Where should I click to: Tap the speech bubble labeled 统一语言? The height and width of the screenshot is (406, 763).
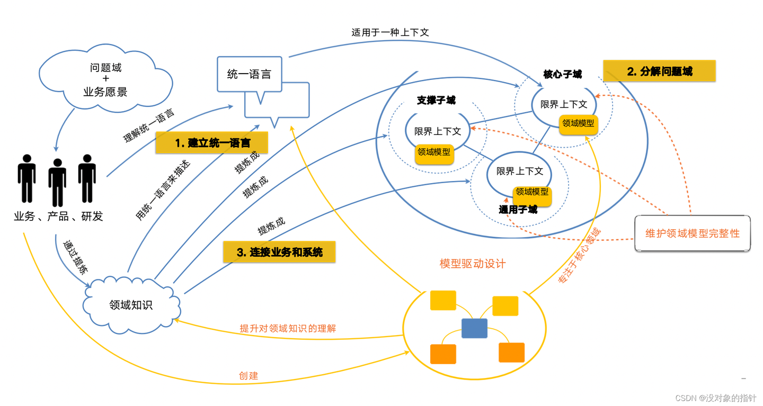(x=249, y=75)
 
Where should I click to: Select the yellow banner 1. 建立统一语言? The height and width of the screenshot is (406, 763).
(x=212, y=143)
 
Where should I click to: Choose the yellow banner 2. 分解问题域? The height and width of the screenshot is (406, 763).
(x=659, y=71)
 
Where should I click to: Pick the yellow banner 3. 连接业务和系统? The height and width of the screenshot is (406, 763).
(x=279, y=252)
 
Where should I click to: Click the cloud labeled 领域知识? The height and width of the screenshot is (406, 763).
(x=131, y=305)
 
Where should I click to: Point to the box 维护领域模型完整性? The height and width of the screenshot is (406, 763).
(x=692, y=233)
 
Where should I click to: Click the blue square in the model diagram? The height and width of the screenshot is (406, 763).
(x=474, y=328)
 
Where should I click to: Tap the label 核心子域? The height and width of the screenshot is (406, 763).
(x=562, y=74)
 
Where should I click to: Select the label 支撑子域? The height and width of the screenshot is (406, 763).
(x=436, y=100)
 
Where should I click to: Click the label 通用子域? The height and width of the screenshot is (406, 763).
(x=518, y=210)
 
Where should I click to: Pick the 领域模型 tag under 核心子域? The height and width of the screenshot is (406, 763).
(x=578, y=124)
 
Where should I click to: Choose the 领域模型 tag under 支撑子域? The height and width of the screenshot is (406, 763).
(x=434, y=152)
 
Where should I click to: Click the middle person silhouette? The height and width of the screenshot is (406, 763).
(x=57, y=181)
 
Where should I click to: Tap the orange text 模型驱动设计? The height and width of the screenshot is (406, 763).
(x=473, y=264)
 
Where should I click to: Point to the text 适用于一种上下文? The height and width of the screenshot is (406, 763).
(x=390, y=32)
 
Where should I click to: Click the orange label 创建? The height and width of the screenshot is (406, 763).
(x=249, y=376)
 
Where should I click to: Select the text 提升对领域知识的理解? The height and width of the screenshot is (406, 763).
(x=288, y=328)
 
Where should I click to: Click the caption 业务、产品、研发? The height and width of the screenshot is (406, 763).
(x=58, y=216)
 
